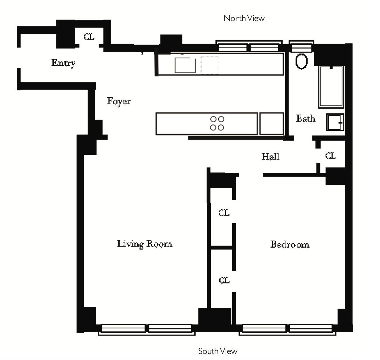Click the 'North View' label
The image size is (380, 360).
coord(244,18)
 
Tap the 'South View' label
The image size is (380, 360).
coord(218,351)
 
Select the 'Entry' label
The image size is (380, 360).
coord(63,63)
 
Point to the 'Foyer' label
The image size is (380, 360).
coord(118,101)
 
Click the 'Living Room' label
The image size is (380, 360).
coord(145,244)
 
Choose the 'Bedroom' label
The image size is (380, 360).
coord(290,244)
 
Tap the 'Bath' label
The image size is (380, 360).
coord(305,119)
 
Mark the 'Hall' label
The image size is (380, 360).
coord(270,156)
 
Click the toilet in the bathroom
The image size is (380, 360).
coord(301,61)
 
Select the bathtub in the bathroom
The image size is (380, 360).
coord(331,87)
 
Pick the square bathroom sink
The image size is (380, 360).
coord(335,122)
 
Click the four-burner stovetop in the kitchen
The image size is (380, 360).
coord(217,123)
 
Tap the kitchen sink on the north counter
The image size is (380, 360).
coord(185,65)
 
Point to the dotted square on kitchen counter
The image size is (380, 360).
coord(210,65)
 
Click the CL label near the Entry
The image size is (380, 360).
coord(89,37)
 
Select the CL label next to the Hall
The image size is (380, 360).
coord(331,156)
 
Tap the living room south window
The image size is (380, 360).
coord(147,329)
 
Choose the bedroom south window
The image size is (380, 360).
coord(287,329)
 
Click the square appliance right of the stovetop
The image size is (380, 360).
coord(271,124)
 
